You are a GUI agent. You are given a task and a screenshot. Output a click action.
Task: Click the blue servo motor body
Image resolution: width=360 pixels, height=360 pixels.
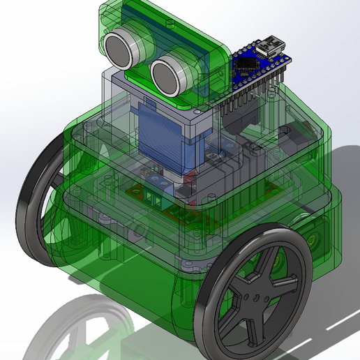tap(162, 136)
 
